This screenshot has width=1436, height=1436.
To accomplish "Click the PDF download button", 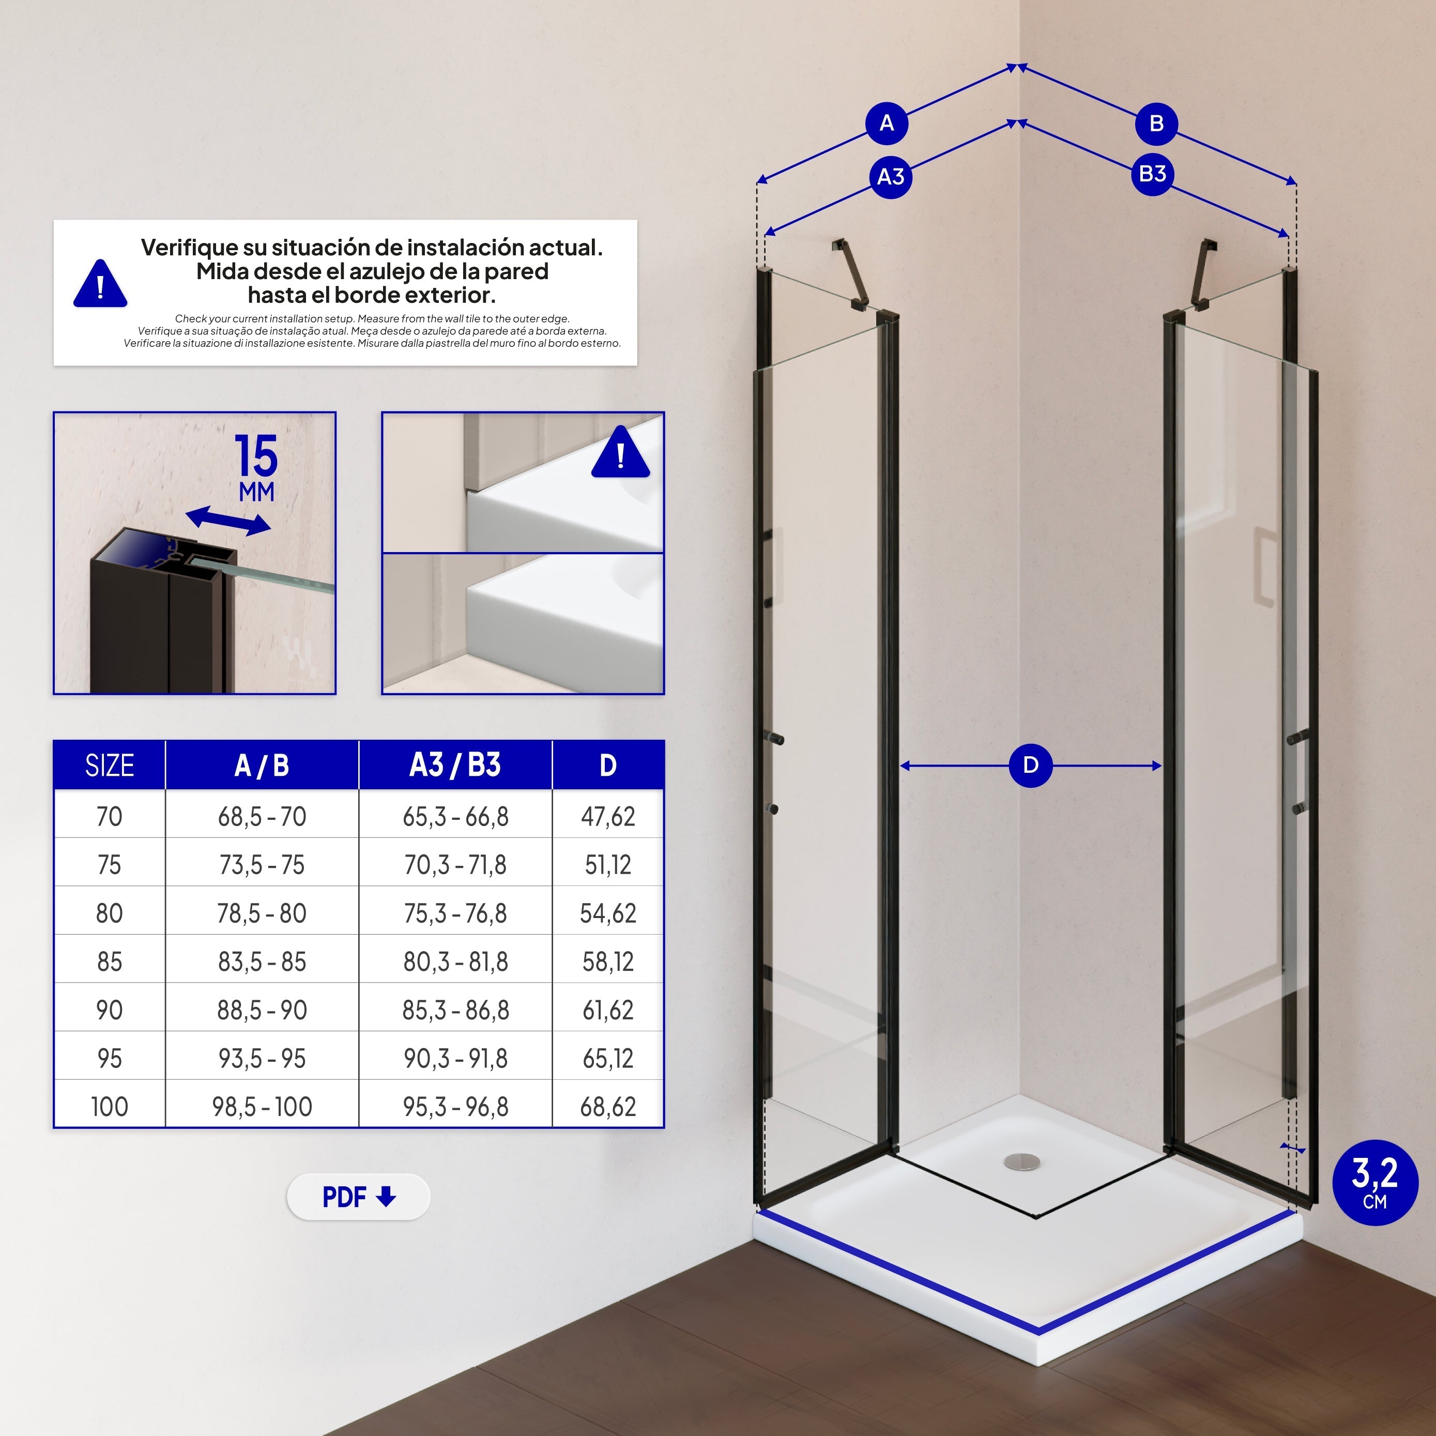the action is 358,1197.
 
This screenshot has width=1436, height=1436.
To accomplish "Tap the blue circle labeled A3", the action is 891,177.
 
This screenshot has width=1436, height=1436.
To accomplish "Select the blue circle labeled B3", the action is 1153,174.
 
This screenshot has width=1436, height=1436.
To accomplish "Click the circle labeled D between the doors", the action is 1030,765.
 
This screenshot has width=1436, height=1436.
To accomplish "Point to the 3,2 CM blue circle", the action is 1374,1183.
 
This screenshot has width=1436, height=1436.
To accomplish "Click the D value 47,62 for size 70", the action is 608,816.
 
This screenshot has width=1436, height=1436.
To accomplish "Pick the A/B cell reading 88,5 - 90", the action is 262,1010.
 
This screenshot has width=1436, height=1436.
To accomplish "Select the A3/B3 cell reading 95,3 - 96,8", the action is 455,1106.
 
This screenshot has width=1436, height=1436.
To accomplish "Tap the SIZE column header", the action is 109,765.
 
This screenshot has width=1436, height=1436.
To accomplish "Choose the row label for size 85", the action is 109,961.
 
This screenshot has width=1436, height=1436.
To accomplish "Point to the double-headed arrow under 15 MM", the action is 227,521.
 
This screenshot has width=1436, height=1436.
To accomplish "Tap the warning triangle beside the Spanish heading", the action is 100,283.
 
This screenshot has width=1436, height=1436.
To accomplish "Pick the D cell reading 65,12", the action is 608,1058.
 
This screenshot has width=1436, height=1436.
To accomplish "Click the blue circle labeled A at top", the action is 887,124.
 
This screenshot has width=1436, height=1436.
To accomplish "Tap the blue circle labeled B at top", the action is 1156,124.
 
